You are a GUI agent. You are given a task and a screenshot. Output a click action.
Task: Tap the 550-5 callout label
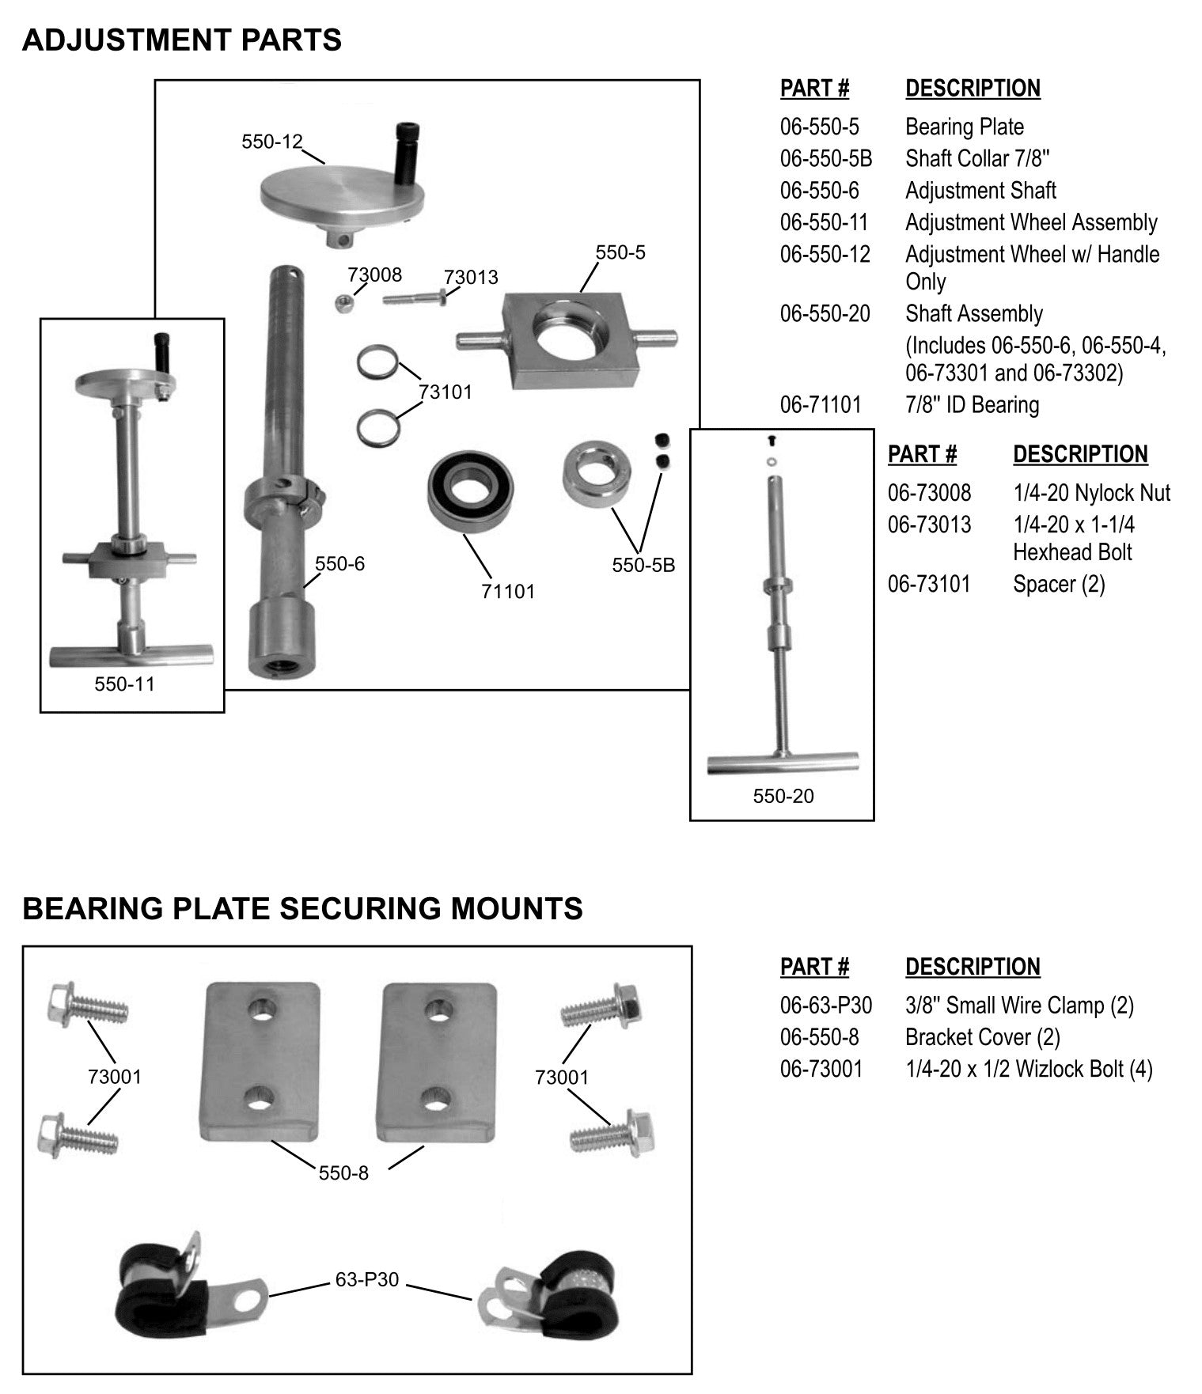coord(620,252)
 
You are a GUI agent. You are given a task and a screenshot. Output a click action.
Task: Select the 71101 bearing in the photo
coord(471,491)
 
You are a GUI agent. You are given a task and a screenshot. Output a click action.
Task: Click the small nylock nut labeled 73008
coord(343,303)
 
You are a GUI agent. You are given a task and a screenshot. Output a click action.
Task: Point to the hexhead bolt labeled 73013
coord(415,299)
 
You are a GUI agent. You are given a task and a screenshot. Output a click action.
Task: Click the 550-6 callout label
coord(339,564)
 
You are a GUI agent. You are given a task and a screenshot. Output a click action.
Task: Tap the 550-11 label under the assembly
coord(124,684)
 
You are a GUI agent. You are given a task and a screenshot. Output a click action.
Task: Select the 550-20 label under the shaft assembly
coord(783,796)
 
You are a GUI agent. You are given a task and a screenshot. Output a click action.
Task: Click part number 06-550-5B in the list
coord(825,159)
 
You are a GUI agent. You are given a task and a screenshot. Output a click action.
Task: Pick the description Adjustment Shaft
coord(980,191)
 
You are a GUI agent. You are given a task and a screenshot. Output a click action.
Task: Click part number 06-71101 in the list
coord(820,405)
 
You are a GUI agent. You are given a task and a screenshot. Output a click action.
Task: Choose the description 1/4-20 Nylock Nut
coord(1090,493)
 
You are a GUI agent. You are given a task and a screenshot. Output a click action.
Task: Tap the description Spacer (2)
coord(1058,584)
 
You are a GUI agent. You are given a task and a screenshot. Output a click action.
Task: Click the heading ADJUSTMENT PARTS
coord(181,40)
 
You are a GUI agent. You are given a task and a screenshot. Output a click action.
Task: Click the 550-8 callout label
coord(343,1172)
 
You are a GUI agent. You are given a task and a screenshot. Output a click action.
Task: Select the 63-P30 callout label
coord(366,1279)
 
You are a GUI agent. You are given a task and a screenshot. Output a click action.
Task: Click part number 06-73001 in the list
coord(821,1069)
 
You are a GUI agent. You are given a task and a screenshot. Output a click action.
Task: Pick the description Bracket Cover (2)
coord(982,1037)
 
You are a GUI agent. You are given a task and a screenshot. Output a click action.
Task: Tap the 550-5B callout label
coord(643,566)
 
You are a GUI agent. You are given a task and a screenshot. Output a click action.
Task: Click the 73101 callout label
coord(445,392)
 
